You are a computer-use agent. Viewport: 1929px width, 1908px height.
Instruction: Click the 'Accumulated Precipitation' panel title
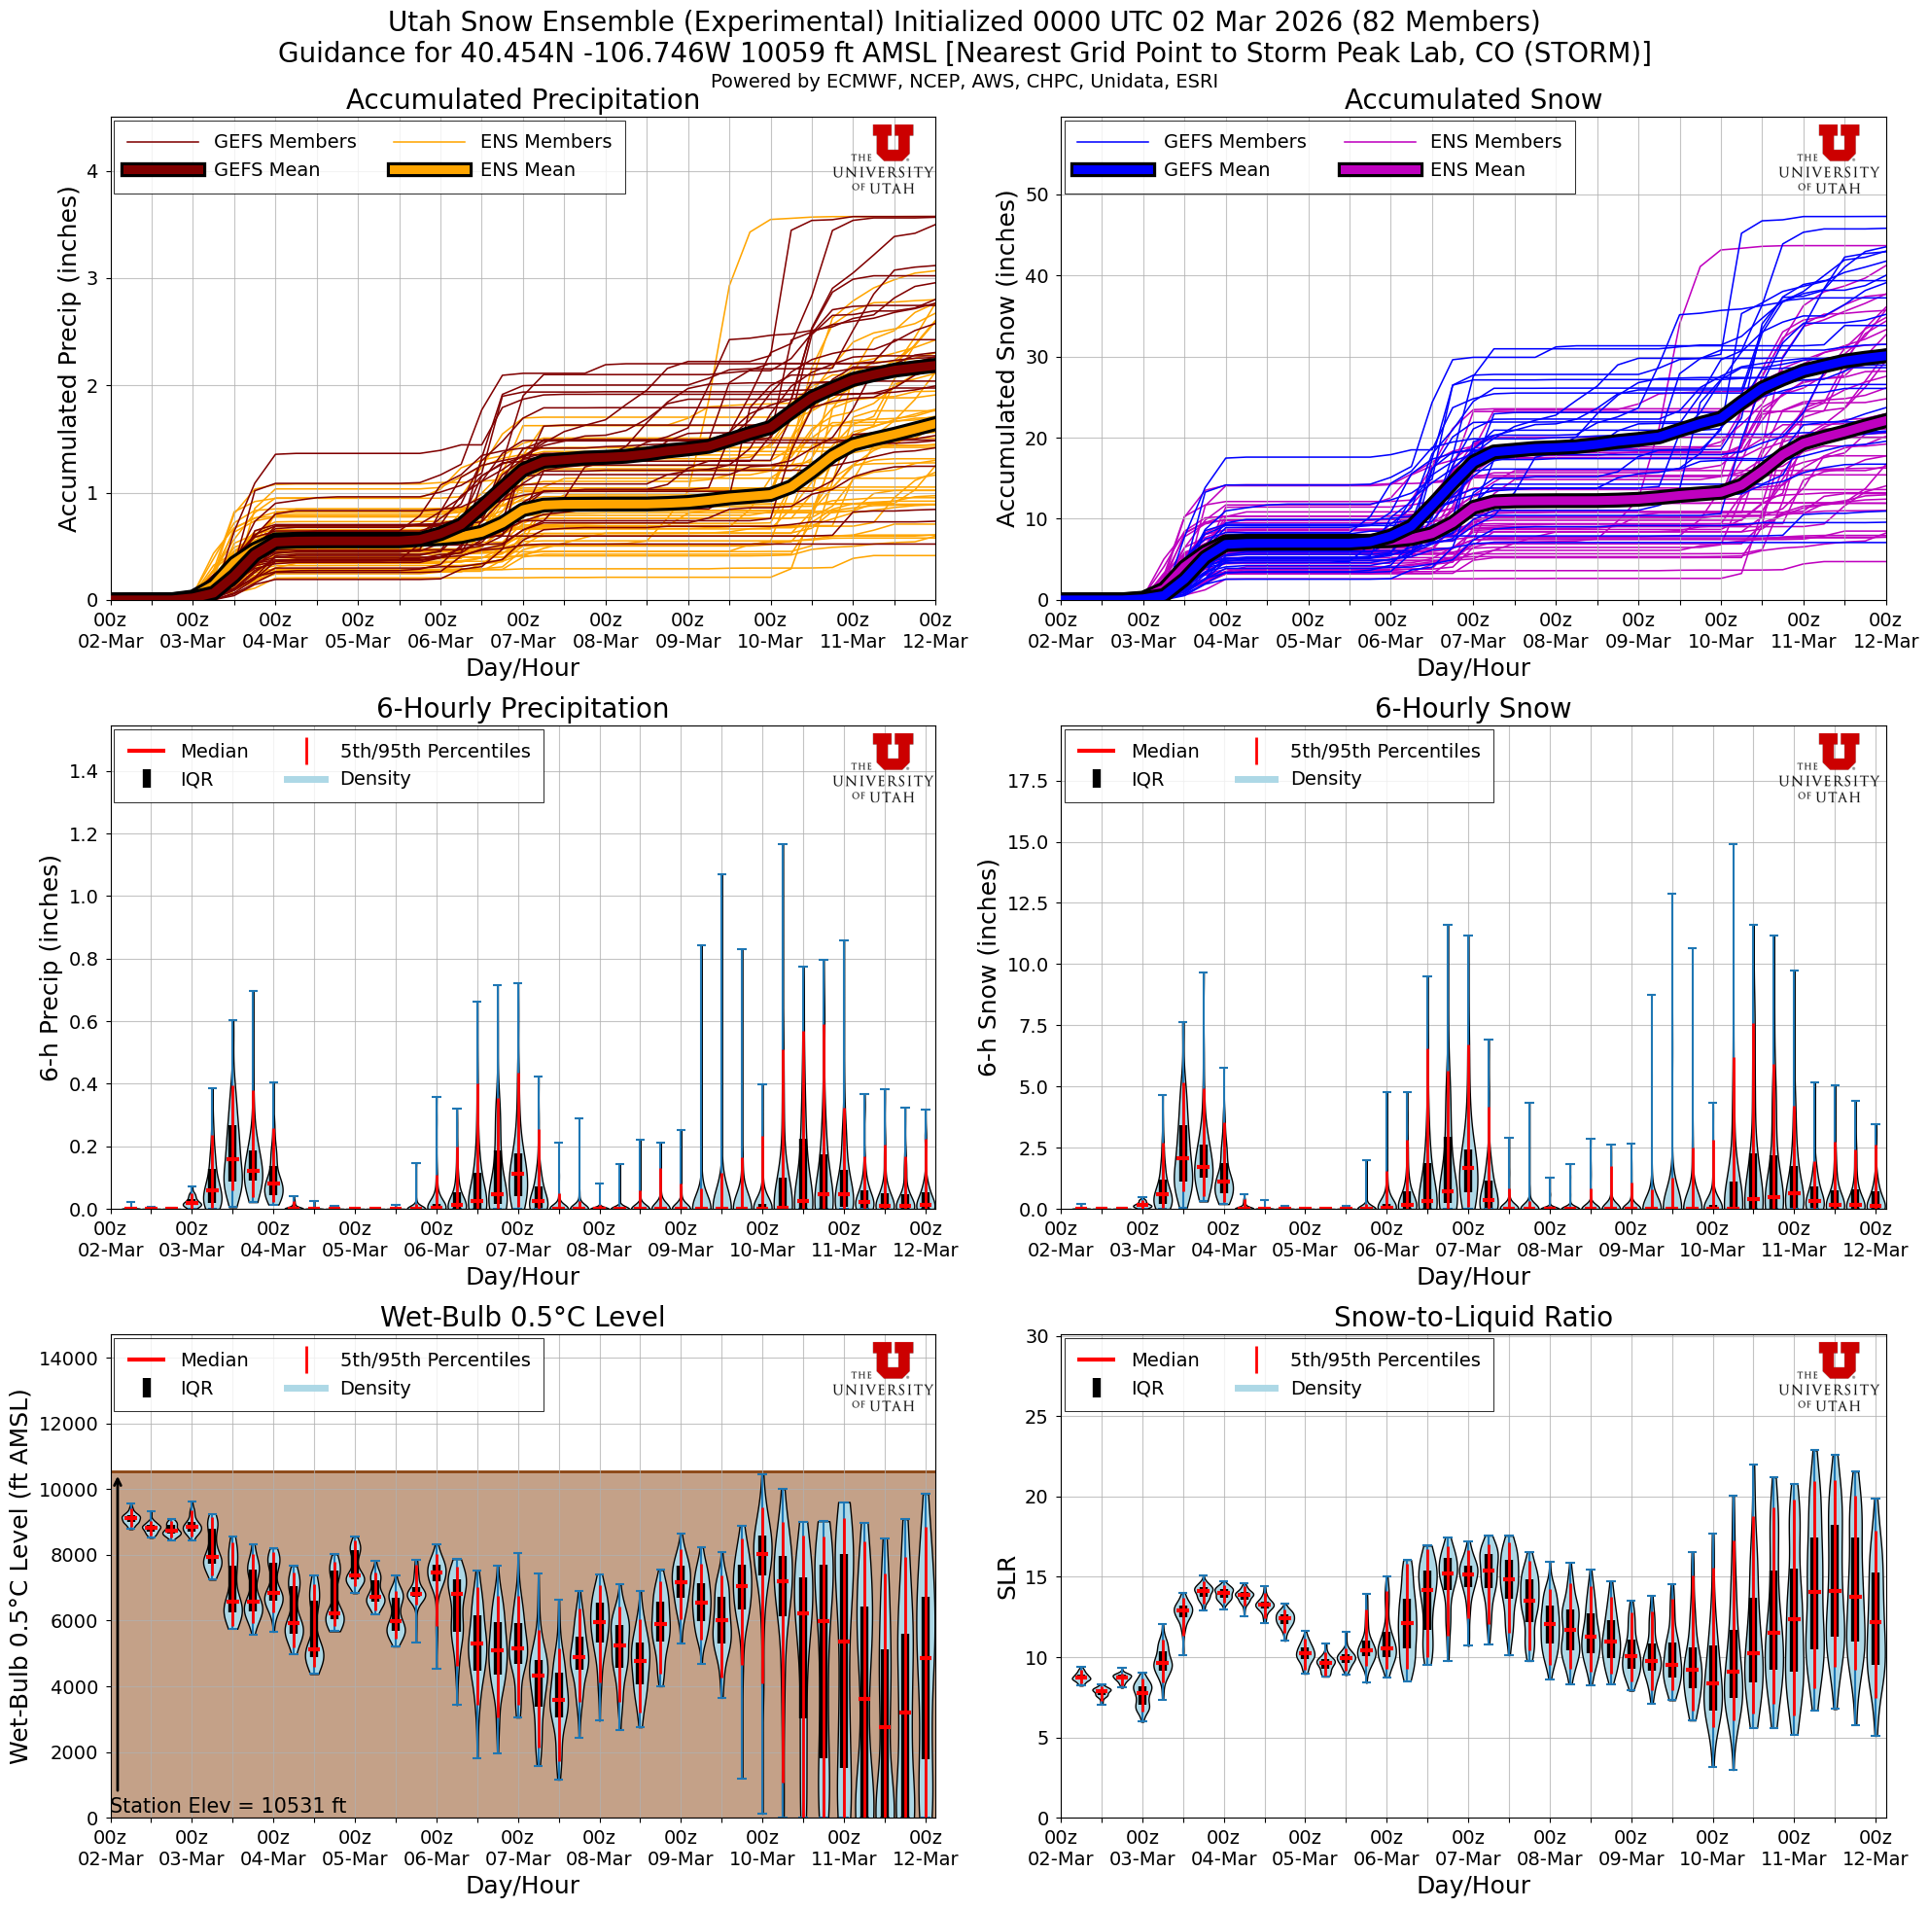click(522, 100)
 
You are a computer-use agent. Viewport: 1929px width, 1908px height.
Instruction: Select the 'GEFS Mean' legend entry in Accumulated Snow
click(1216, 170)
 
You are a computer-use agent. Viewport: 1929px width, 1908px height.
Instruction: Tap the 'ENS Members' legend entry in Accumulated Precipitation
click(545, 142)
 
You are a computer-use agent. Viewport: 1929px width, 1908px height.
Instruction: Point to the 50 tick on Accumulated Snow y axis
click(1035, 194)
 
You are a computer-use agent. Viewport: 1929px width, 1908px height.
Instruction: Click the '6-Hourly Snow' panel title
click(1473, 709)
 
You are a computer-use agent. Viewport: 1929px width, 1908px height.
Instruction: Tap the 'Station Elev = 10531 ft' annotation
click(228, 1805)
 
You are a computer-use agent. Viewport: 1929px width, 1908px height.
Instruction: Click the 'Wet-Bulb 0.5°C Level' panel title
click(522, 1318)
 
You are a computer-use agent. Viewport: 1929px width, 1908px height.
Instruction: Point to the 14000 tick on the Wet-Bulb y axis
click(68, 1359)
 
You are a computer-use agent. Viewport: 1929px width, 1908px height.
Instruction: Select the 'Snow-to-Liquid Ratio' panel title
click(1473, 1318)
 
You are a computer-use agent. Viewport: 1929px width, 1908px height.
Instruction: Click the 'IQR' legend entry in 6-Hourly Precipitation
click(196, 780)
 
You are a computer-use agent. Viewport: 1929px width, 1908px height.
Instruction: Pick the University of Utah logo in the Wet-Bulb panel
click(884, 1376)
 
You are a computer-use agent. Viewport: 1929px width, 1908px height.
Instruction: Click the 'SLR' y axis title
click(1006, 1577)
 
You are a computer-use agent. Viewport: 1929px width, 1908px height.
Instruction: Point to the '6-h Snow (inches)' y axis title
click(989, 969)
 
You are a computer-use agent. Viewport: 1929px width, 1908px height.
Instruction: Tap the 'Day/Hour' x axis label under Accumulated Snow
click(1473, 668)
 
